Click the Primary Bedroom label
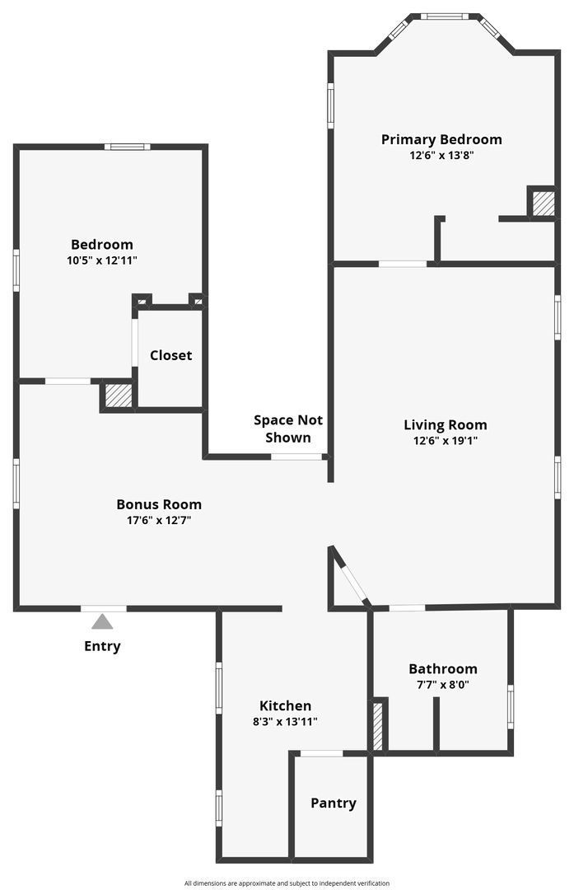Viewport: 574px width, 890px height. pos(441,139)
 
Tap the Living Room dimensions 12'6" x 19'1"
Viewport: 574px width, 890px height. pos(445,441)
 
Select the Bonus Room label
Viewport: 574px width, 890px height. pos(158,504)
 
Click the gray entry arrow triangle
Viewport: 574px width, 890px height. pos(102,621)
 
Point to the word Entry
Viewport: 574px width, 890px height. pos(102,646)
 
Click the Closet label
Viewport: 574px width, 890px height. pos(170,355)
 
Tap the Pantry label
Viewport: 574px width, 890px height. pos(333,803)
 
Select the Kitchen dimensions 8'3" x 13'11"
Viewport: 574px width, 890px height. pos(285,721)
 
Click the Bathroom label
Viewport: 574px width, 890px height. pos(442,668)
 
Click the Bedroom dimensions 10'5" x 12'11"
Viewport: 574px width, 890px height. pos(101,260)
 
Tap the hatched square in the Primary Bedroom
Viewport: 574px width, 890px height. pos(543,204)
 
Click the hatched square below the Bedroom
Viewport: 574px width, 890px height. pos(119,396)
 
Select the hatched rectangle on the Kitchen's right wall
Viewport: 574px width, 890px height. pos(378,726)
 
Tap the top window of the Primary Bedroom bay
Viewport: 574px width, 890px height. pos(445,16)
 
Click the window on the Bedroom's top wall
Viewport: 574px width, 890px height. pos(127,147)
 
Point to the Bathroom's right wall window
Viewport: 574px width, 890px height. pos(511,707)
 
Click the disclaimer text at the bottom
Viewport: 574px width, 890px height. pos(287,883)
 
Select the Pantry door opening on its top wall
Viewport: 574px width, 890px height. pos(321,753)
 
